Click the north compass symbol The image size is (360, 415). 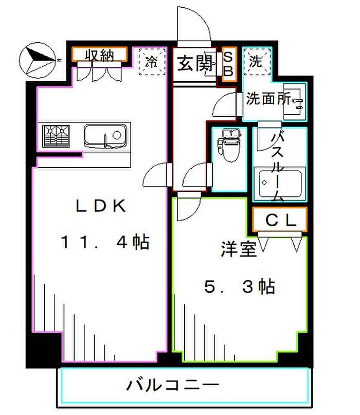(38, 60)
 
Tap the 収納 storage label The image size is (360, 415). (99, 56)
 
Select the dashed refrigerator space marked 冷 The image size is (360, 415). (152, 62)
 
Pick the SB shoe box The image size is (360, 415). (229, 64)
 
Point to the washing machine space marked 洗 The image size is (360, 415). (257, 62)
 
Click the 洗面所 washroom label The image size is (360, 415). (268, 98)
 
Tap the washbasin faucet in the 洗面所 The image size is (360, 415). (298, 103)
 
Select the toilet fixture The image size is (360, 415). (229, 145)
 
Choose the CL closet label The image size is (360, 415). (280, 220)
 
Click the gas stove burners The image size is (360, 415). (56, 136)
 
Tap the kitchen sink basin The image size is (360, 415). (105, 136)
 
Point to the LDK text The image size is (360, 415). (101, 206)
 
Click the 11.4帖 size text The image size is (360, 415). (105, 241)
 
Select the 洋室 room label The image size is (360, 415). (239, 249)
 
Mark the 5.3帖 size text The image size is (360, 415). (240, 286)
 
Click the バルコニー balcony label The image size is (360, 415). (173, 385)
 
